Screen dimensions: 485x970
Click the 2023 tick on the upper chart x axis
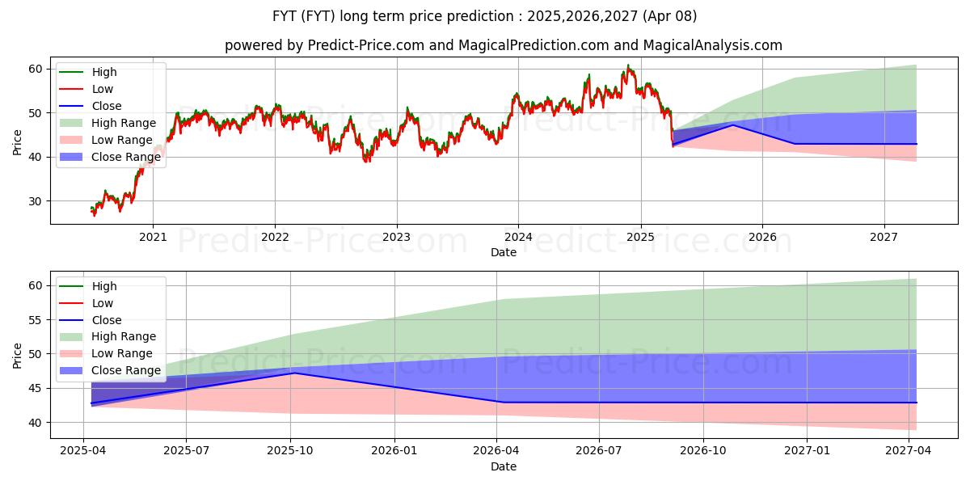pos(396,237)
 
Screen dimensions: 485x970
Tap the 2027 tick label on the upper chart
pos(884,237)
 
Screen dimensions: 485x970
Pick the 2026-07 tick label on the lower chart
pos(599,451)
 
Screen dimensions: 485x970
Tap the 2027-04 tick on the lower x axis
pos(909,451)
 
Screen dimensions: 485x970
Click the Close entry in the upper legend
pos(107,106)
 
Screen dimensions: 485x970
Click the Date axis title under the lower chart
pos(503,466)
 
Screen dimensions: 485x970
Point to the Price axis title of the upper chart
pos(18,142)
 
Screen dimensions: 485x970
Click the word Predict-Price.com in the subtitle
pos(366,46)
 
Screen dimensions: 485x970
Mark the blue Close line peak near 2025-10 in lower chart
pos(293,373)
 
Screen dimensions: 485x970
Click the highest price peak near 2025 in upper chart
pos(627,65)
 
